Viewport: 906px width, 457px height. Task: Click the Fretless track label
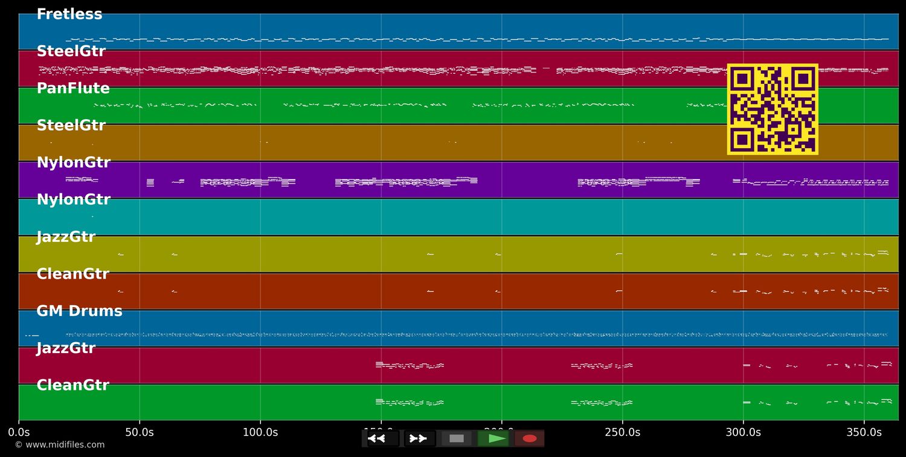click(x=69, y=15)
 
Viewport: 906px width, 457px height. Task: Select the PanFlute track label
click(x=73, y=89)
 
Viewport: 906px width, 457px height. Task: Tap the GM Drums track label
click(x=79, y=311)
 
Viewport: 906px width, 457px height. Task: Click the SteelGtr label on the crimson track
click(x=71, y=51)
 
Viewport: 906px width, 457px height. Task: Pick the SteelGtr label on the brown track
click(x=71, y=126)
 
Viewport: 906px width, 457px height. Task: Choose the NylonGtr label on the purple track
click(x=73, y=163)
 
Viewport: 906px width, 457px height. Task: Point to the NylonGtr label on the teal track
click(x=73, y=200)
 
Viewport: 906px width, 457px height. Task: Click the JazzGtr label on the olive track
click(x=66, y=237)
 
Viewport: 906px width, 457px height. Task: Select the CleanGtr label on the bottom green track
click(x=72, y=386)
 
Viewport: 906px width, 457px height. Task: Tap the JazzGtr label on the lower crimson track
click(x=66, y=348)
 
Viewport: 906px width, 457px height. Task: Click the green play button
click(x=497, y=438)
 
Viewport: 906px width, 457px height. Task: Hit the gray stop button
click(x=457, y=438)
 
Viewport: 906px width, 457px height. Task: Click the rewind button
click(x=377, y=438)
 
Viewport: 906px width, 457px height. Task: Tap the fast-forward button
click(x=417, y=438)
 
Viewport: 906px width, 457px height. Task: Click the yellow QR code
click(x=773, y=109)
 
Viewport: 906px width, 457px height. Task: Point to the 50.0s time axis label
click(x=140, y=432)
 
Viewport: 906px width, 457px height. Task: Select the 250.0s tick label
click(x=622, y=432)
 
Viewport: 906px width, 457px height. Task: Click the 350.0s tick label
click(x=864, y=432)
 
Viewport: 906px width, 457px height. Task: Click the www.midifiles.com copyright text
click(x=59, y=445)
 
